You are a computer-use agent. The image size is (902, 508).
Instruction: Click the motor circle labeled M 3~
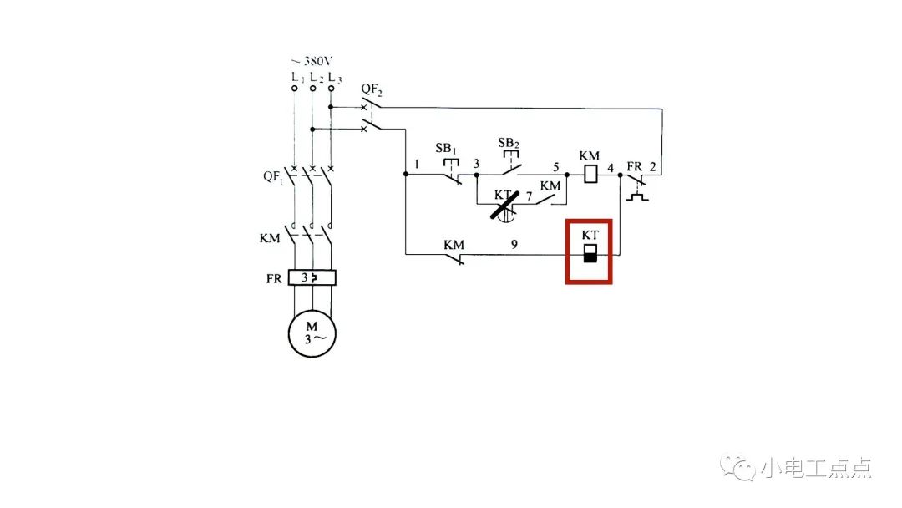click(x=312, y=332)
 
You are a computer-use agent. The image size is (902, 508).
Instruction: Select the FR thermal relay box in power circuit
click(x=312, y=278)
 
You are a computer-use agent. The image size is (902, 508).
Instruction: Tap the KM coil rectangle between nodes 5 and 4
click(x=590, y=175)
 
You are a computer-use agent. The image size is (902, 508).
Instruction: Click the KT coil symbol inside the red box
click(x=590, y=253)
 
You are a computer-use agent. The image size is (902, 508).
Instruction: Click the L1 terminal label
click(x=295, y=77)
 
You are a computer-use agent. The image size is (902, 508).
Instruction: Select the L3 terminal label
click(x=333, y=77)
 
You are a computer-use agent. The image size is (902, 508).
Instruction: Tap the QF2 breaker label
click(x=372, y=89)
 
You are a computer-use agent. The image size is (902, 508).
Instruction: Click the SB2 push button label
click(x=508, y=143)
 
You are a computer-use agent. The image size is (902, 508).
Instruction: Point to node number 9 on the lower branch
click(x=514, y=245)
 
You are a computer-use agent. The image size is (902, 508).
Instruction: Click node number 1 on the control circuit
click(x=415, y=165)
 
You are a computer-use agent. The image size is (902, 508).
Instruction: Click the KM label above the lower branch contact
click(x=454, y=245)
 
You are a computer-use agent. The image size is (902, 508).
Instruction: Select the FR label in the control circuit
click(x=634, y=166)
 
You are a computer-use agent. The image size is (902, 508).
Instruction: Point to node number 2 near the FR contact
click(x=653, y=166)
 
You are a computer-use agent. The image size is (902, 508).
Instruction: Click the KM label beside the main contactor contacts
click(x=270, y=238)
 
